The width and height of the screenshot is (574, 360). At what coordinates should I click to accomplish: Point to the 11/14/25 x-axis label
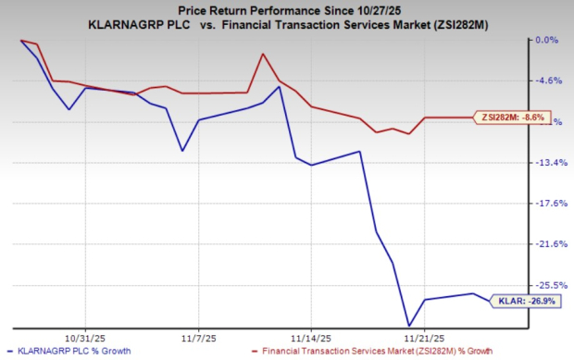point(311,339)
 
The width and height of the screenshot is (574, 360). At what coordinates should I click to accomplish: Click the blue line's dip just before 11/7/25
point(182,151)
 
